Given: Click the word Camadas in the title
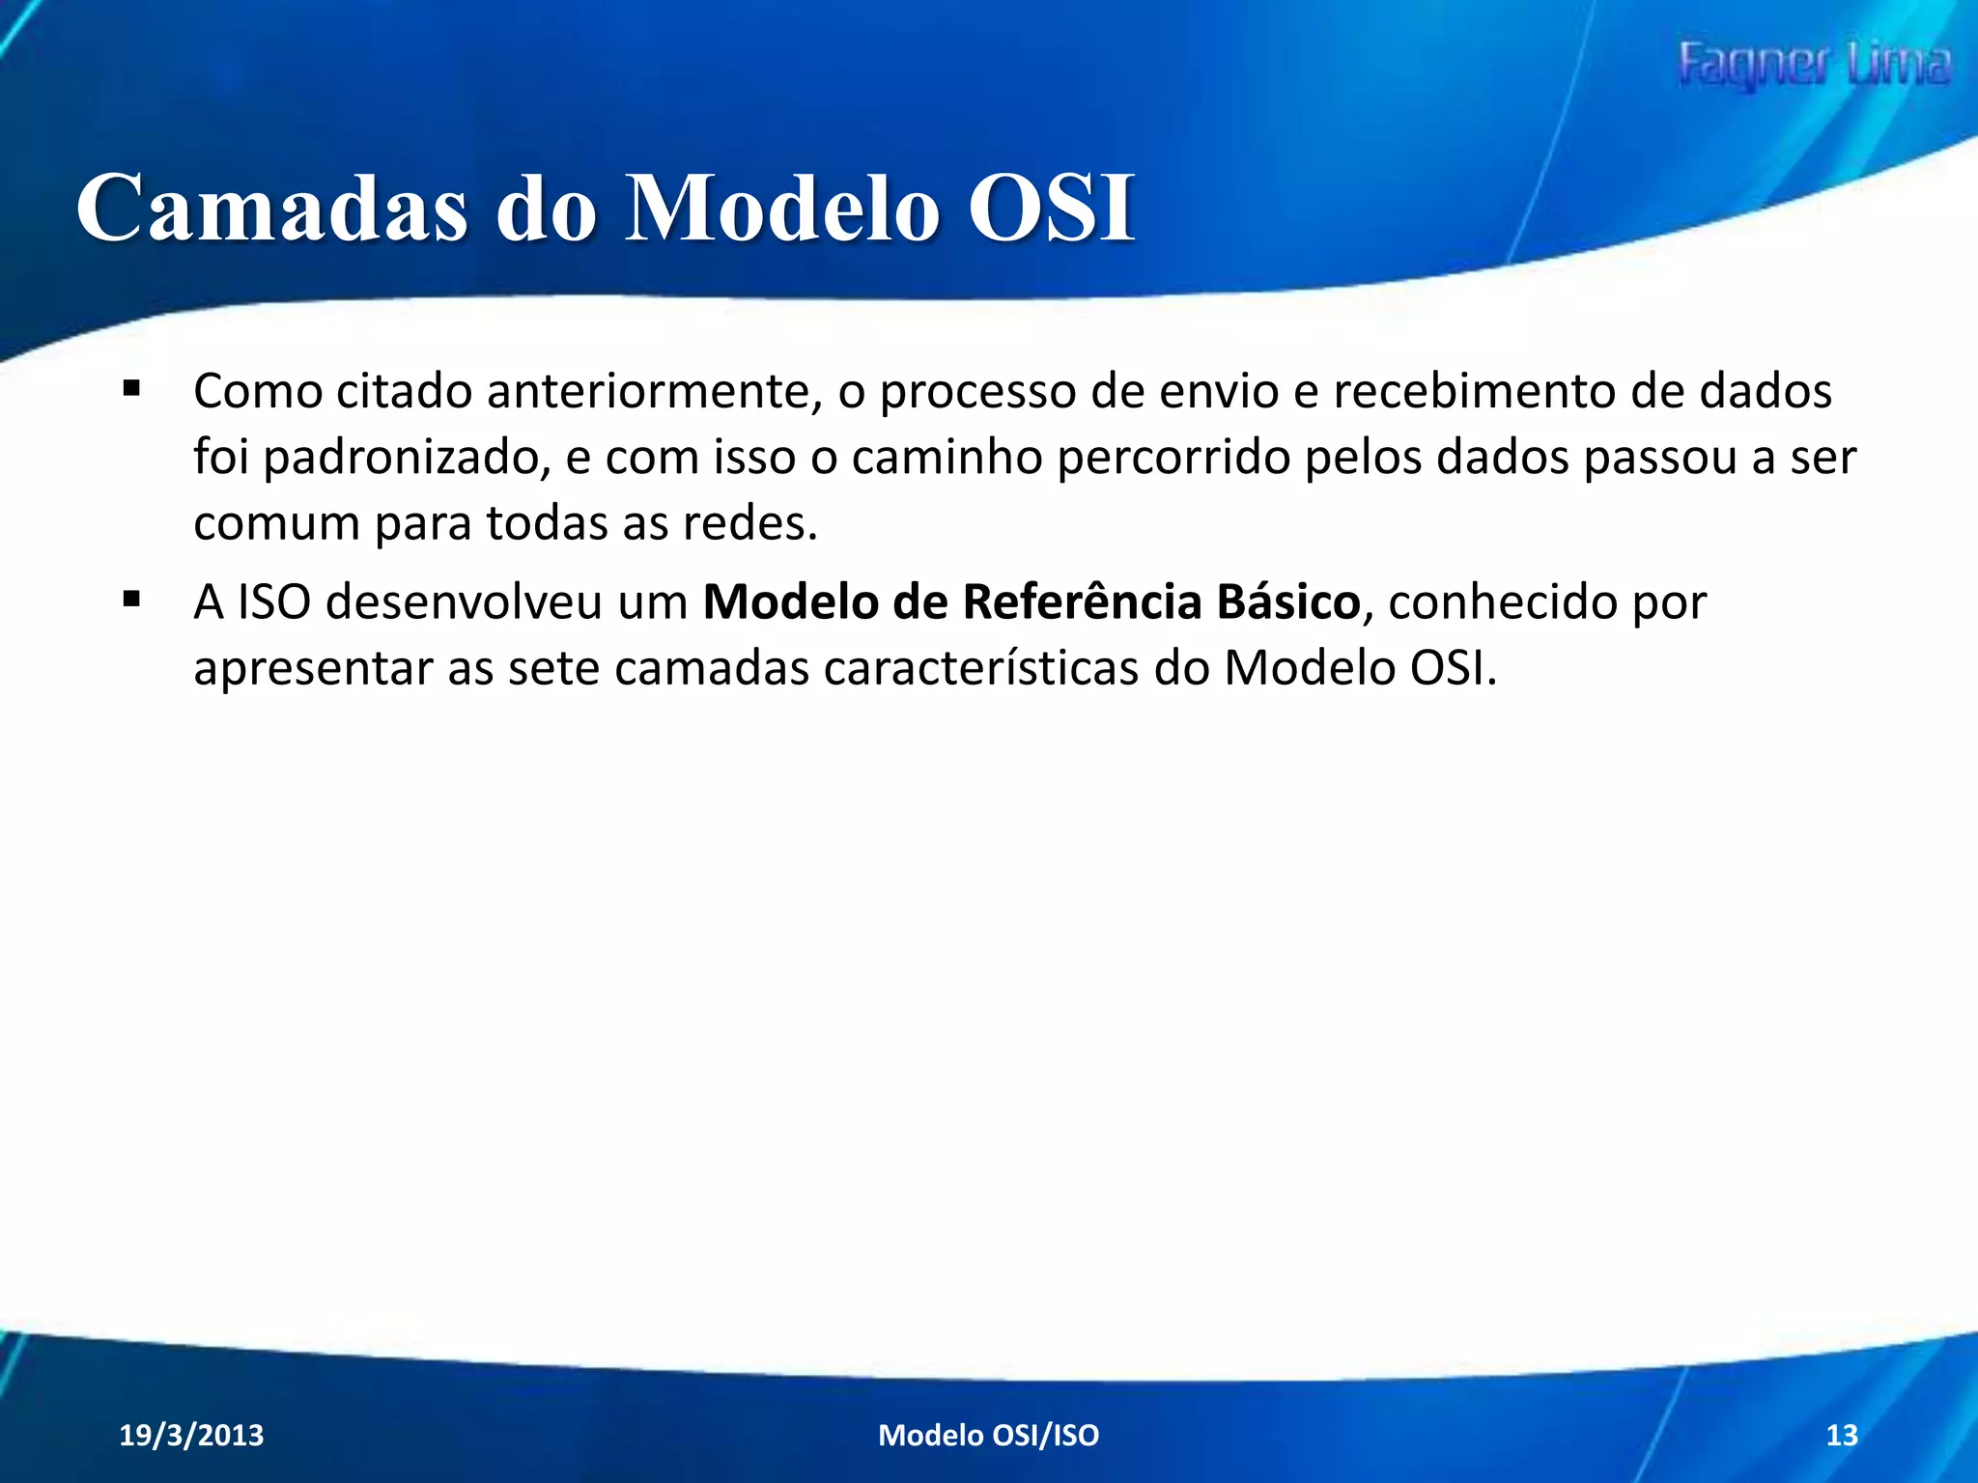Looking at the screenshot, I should [x=271, y=208].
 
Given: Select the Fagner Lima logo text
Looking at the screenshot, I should [x=1813, y=66].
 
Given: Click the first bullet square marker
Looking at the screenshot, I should [x=132, y=389].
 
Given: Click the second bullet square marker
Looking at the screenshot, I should [x=132, y=600].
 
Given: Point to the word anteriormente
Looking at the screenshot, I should [x=654, y=391].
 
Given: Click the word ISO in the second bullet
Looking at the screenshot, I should [x=274, y=602].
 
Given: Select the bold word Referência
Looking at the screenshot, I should [x=1082, y=602].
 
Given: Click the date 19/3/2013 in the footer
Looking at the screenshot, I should [x=191, y=1435].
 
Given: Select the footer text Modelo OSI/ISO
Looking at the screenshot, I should [x=988, y=1435].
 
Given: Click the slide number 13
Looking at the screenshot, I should [x=1842, y=1435].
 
